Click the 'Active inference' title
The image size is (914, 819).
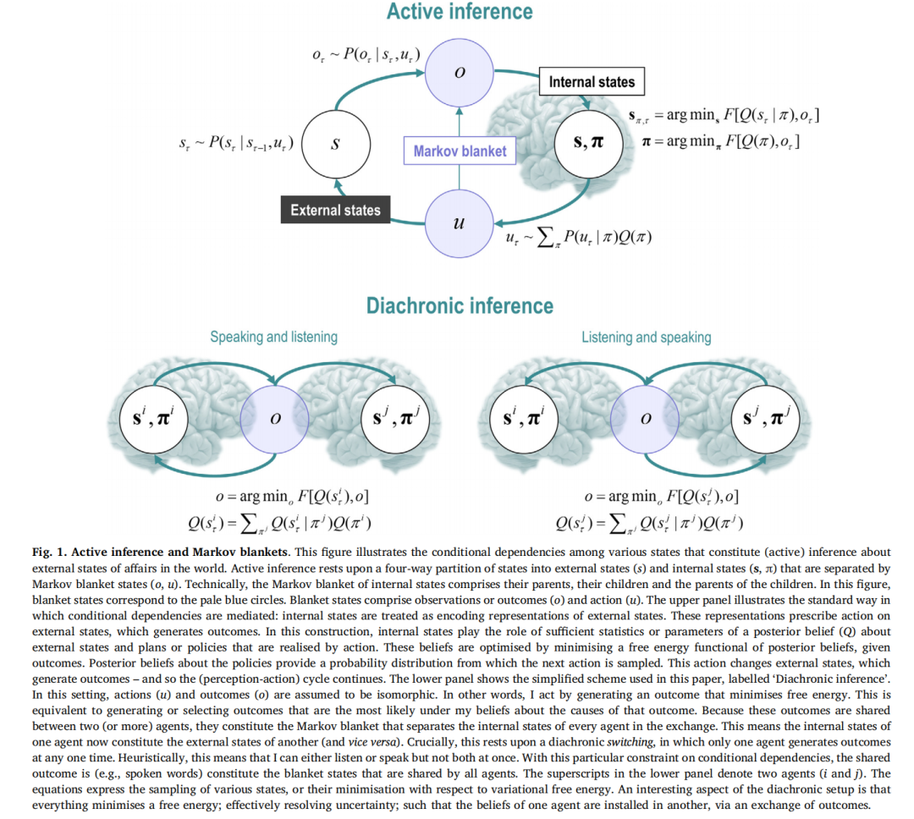(460, 12)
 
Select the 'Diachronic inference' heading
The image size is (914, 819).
(460, 306)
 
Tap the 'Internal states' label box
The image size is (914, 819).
(591, 82)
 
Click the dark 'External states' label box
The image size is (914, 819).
(335, 210)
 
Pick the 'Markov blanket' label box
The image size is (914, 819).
(460, 151)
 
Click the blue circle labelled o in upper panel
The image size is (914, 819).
(460, 73)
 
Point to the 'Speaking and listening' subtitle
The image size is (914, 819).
(273, 337)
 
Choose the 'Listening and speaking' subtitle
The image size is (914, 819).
(646, 337)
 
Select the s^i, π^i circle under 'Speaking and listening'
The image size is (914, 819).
(153, 417)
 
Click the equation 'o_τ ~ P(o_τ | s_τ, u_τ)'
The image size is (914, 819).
(365, 57)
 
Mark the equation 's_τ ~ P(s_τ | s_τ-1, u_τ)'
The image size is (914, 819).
(236, 144)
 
